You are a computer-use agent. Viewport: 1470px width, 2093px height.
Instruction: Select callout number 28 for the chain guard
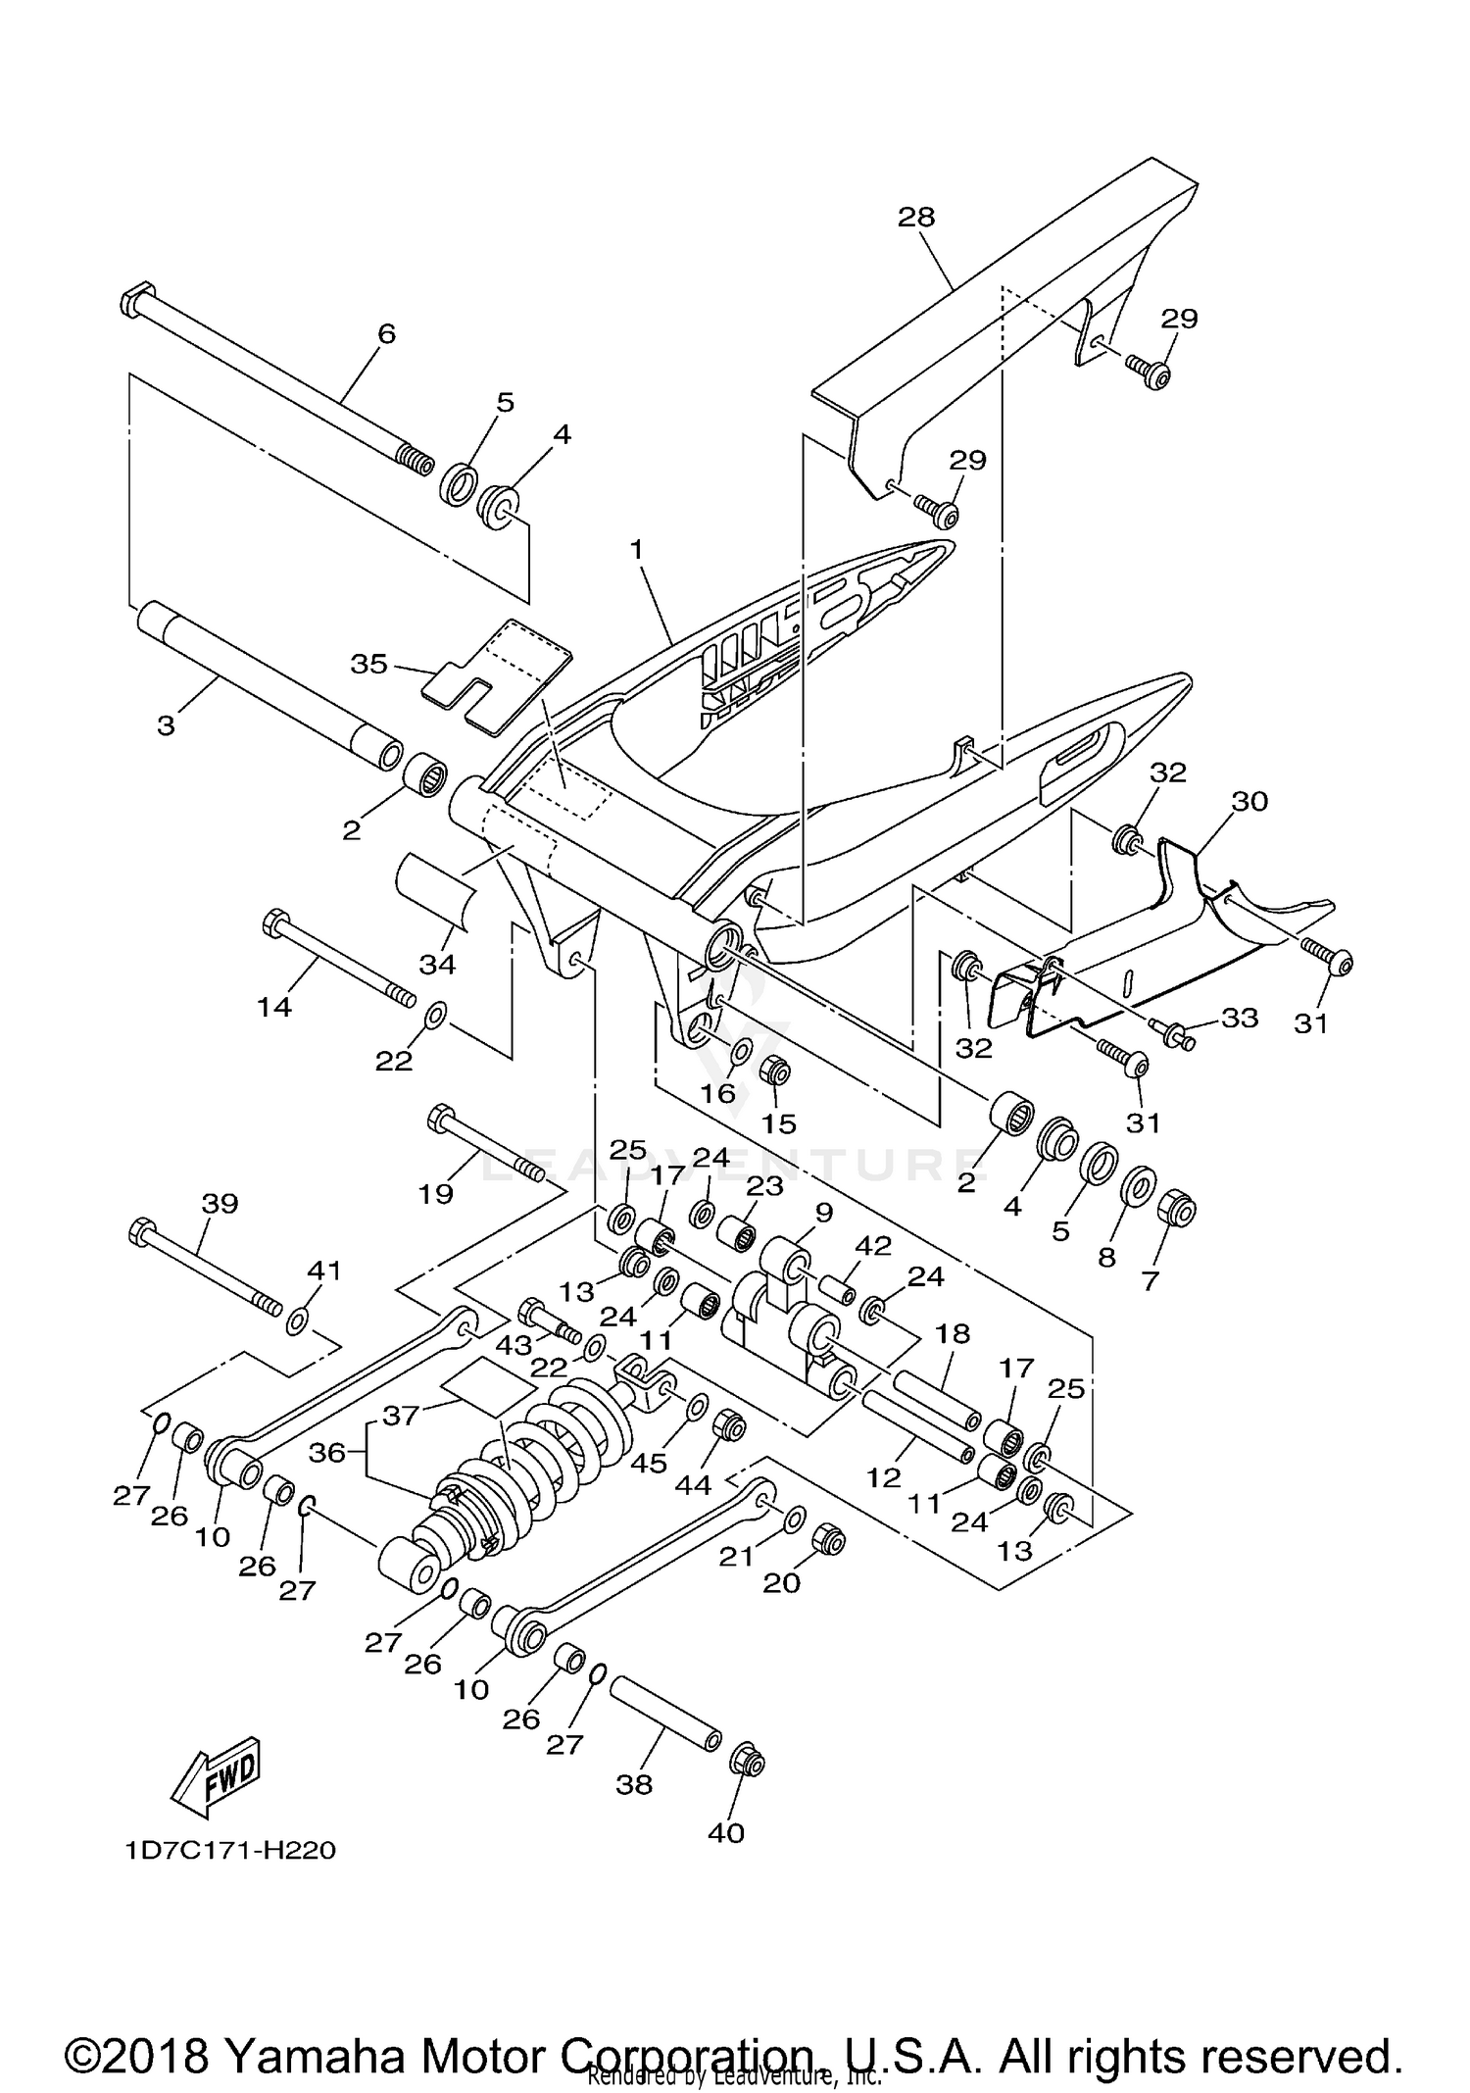pyautogui.click(x=916, y=217)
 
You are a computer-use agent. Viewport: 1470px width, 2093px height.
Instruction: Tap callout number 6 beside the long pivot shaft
pyautogui.click(x=386, y=334)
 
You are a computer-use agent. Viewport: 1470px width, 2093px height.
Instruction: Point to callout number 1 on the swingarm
pyautogui.click(x=636, y=550)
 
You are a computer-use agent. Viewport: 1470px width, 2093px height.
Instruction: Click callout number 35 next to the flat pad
pyautogui.click(x=369, y=664)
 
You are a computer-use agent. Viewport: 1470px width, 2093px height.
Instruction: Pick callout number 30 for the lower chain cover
pyautogui.click(x=1250, y=801)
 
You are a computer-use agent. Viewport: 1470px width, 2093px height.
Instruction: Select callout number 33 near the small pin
pyautogui.click(x=1239, y=1019)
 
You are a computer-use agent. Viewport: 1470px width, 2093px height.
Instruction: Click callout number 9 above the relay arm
pyautogui.click(x=823, y=1213)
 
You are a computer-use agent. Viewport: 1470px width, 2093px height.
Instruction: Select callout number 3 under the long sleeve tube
pyautogui.click(x=166, y=726)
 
